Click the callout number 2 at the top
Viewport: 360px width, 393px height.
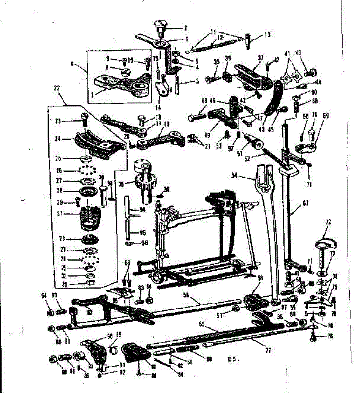(x=185, y=28)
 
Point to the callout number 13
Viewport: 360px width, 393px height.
(x=267, y=35)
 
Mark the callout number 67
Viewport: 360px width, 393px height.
(x=305, y=203)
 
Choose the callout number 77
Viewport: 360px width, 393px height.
(x=268, y=350)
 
